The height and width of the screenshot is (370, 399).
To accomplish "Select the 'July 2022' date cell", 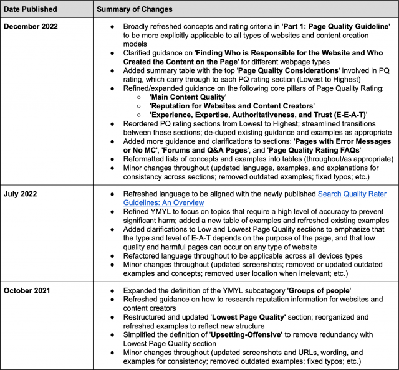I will click(x=23, y=194).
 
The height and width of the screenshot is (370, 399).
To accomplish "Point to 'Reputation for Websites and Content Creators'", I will click(x=232, y=107).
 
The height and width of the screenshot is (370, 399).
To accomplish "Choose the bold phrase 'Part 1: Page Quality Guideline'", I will click(x=335, y=27).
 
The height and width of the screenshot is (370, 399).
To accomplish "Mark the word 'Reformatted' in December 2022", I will click(x=147, y=159).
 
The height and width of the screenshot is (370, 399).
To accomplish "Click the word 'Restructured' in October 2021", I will click(x=147, y=316).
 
